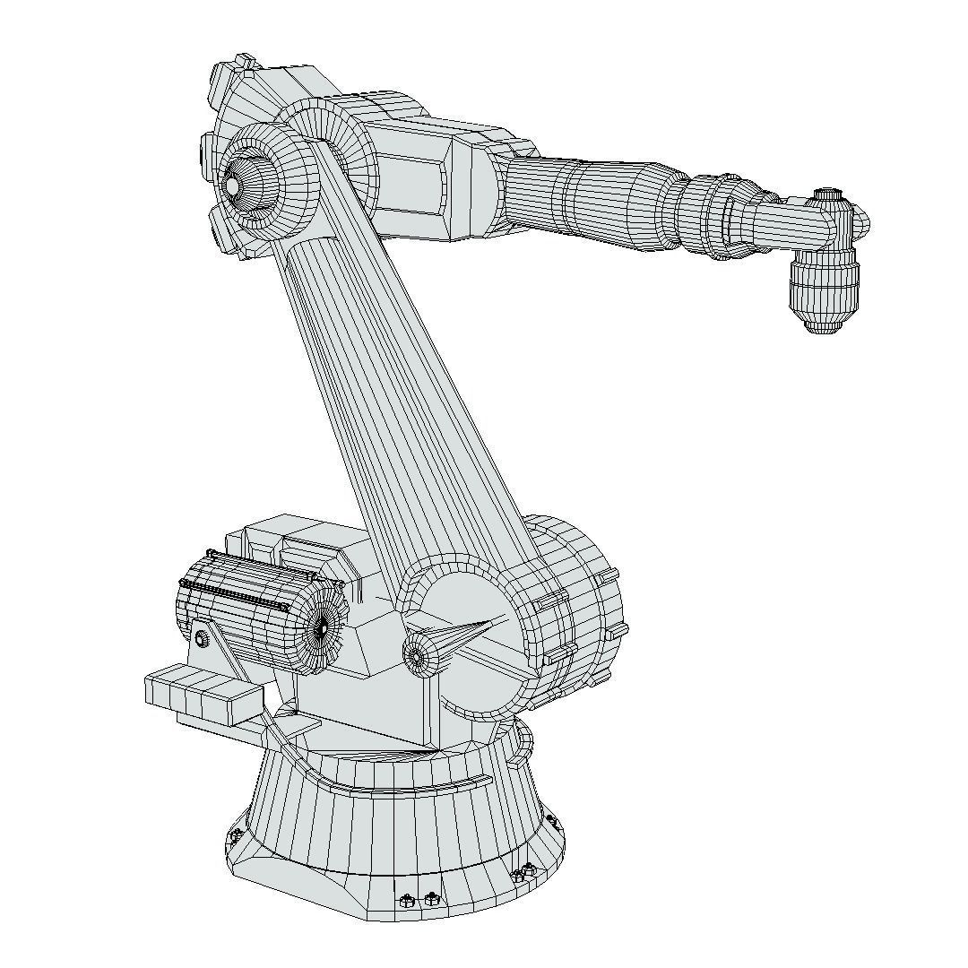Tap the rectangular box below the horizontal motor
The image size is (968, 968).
point(203,695)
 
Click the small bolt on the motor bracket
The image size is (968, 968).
point(203,638)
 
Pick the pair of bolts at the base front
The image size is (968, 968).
point(419,899)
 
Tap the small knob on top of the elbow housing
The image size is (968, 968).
point(243,63)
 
